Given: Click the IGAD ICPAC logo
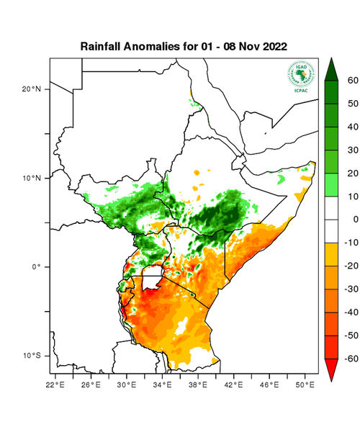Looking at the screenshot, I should coord(301,76).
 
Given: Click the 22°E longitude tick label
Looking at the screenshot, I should coord(57,384).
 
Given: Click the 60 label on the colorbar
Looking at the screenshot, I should coord(352,81).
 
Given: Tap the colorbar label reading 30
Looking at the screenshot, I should coord(352,150).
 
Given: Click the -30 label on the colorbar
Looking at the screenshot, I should coord(351,289).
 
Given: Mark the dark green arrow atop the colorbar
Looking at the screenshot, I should coord(332,69).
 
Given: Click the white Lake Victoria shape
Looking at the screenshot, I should coord(152,277).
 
